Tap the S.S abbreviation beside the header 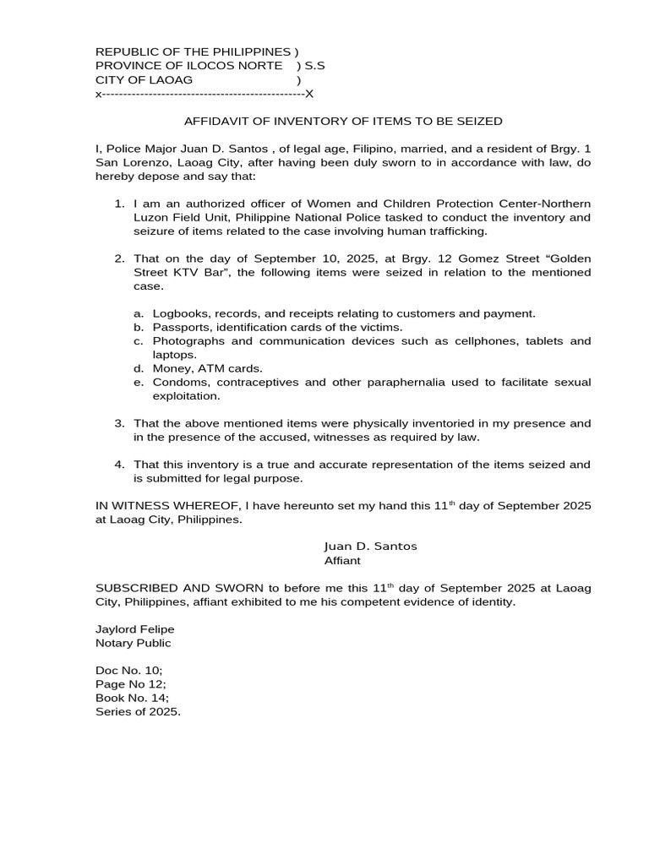tap(315, 66)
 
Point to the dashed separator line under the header tap(204, 94)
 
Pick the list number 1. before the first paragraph tap(119, 204)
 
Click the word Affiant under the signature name tap(342, 560)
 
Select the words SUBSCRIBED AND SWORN tap(170, 588)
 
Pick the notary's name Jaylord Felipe tap(135, 629)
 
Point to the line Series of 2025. tap(139, 711)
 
